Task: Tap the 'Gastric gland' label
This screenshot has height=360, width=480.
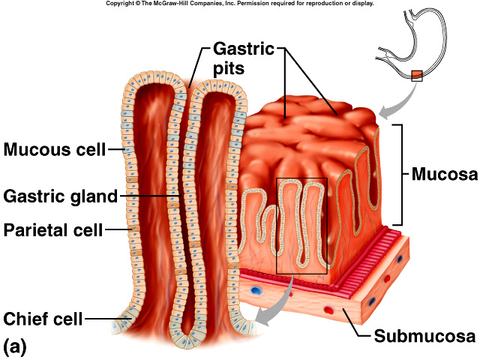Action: coord(61,196)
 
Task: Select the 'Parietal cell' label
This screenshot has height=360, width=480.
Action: coord(52,229)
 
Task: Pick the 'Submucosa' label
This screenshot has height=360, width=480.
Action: coord(424,334)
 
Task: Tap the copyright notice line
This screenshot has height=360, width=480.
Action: coord(239,4)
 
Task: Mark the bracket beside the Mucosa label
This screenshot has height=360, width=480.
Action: coord(402,175)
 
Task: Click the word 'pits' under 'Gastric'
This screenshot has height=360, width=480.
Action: coord(231,70)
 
